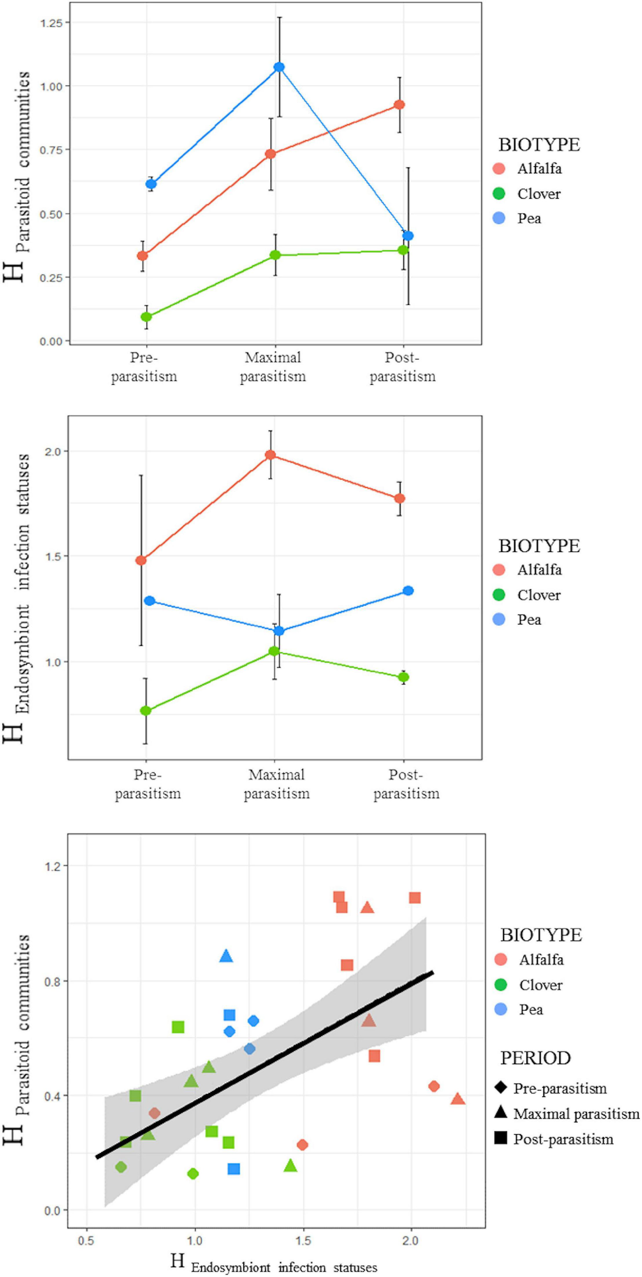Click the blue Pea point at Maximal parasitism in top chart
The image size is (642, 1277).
click(x=279, y=67)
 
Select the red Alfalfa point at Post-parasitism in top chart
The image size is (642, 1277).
click(x=399, y=105)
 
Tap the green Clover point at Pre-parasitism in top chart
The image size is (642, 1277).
click(x=146, y=317)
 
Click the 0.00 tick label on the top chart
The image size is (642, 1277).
click(x=52, y=341)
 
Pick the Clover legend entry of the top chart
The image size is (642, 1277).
click(x=538, y=194)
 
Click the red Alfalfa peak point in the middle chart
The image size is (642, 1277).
click(x=271, y=455)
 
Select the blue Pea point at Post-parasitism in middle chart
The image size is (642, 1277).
click(x=408, y=590)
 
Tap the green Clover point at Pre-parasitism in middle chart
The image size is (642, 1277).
click(x=146, y=711)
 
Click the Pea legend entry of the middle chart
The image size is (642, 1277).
click(x=529, y=620)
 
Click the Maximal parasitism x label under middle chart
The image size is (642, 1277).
click(x=276, y=784)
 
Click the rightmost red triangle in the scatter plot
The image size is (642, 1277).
click(x=458, y=1099)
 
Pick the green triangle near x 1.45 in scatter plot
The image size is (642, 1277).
click(x=290, y=1166)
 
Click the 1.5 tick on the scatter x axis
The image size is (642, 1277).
click(x=303, y=1241)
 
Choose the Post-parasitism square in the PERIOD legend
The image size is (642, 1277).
click(x=501, y=1139)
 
